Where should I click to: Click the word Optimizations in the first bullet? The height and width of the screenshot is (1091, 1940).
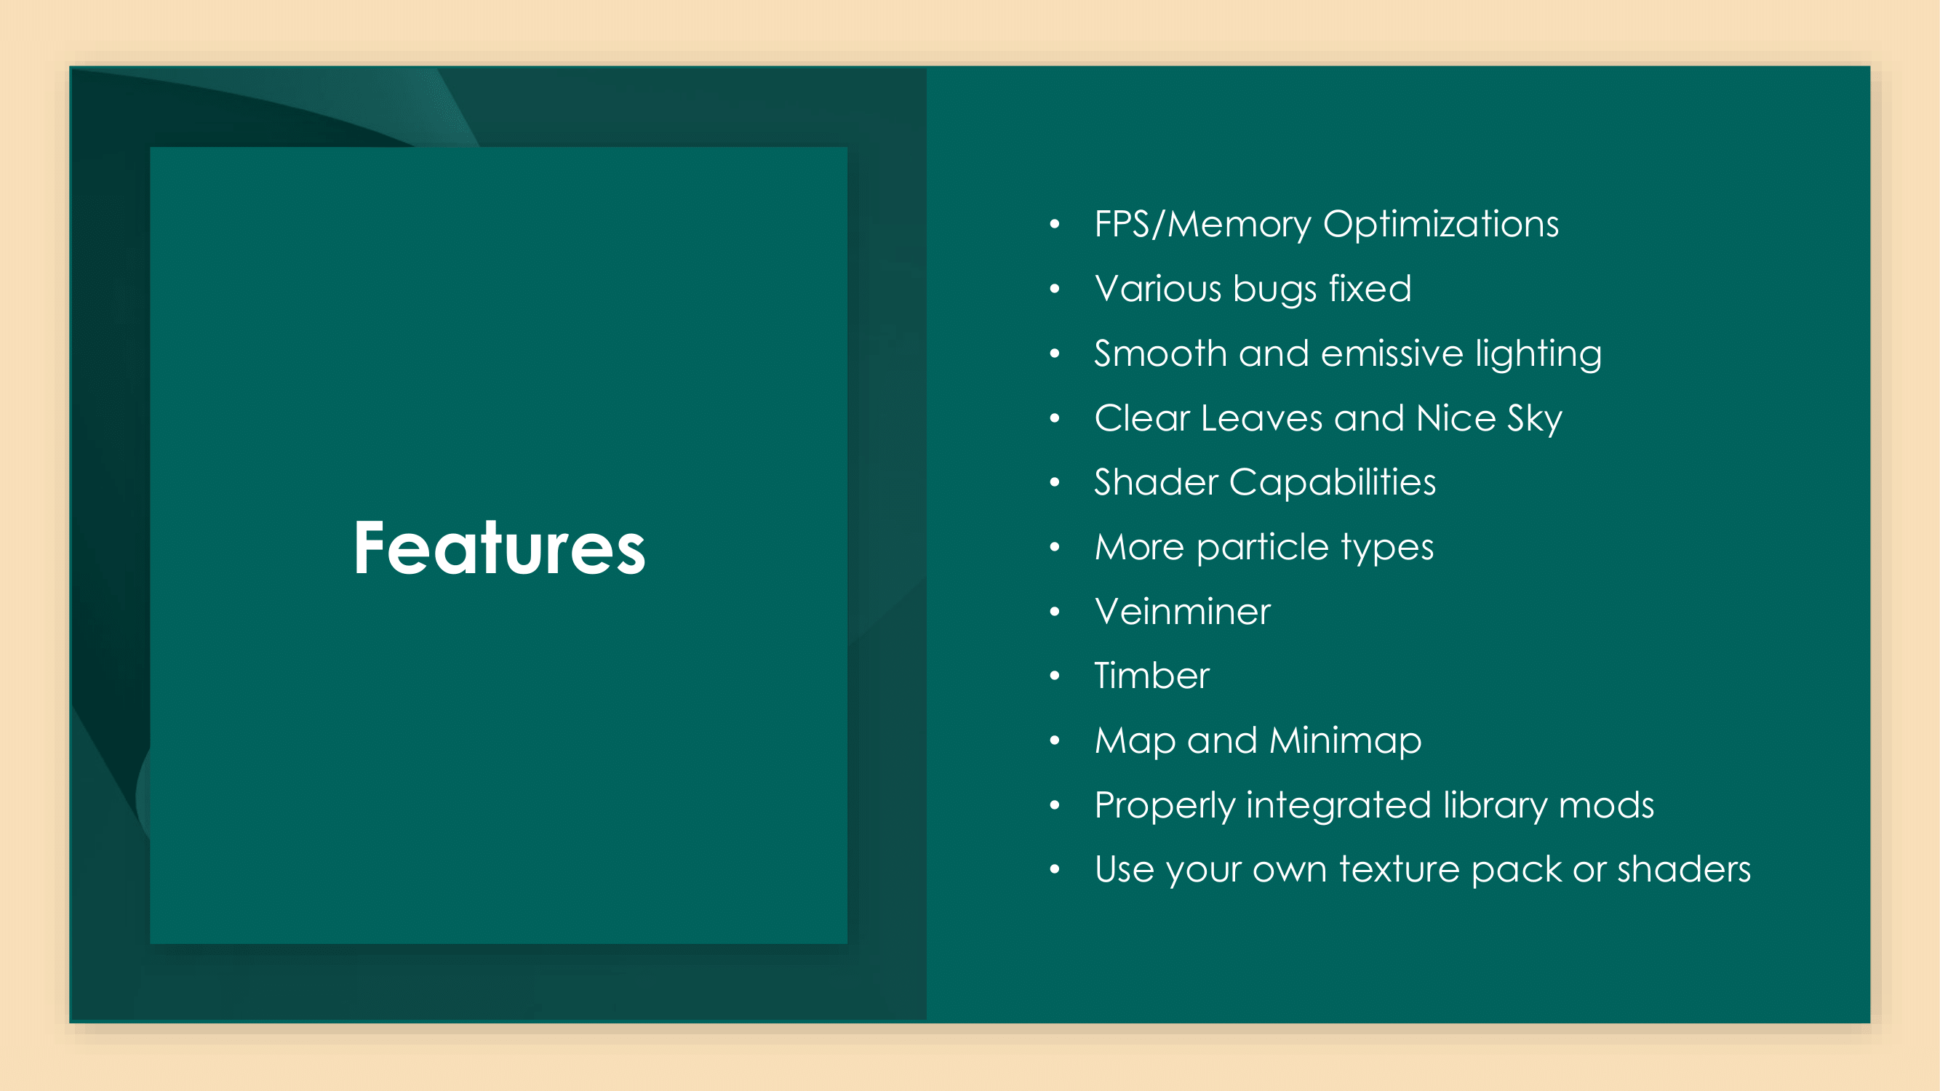click(x=1441, y=224)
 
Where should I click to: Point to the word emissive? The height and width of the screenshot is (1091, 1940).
click(x=1392, y=353)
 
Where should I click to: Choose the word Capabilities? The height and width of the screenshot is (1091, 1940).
click(x=1332, y=483)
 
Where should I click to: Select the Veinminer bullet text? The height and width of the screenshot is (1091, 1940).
click(x=1182, y=612)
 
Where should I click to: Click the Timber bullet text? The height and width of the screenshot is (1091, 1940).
click(x=1151, y=676)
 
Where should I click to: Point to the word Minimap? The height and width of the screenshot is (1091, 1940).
click(x=1345, y=741)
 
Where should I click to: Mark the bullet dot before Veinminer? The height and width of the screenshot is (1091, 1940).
click(x=1054, y=612)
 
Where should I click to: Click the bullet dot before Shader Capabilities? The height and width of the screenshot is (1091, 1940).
click(x=1054, y=483)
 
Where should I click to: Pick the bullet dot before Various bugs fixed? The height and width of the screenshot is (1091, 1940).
click(x=1054, y=289)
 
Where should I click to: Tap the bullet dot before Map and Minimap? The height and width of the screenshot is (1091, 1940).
click(x=1054, y=741)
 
